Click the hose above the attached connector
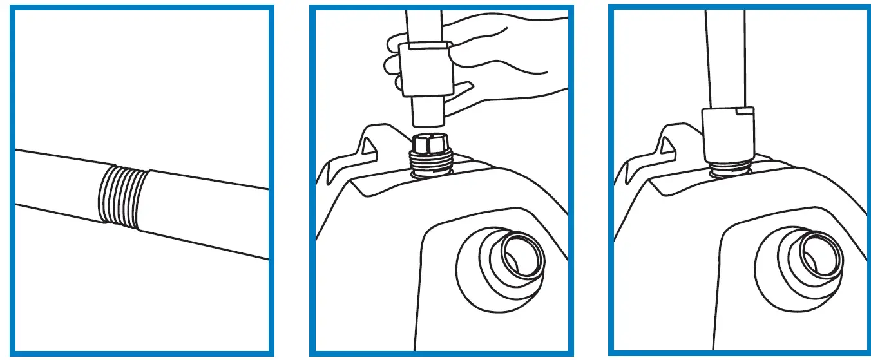click(726, 58)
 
